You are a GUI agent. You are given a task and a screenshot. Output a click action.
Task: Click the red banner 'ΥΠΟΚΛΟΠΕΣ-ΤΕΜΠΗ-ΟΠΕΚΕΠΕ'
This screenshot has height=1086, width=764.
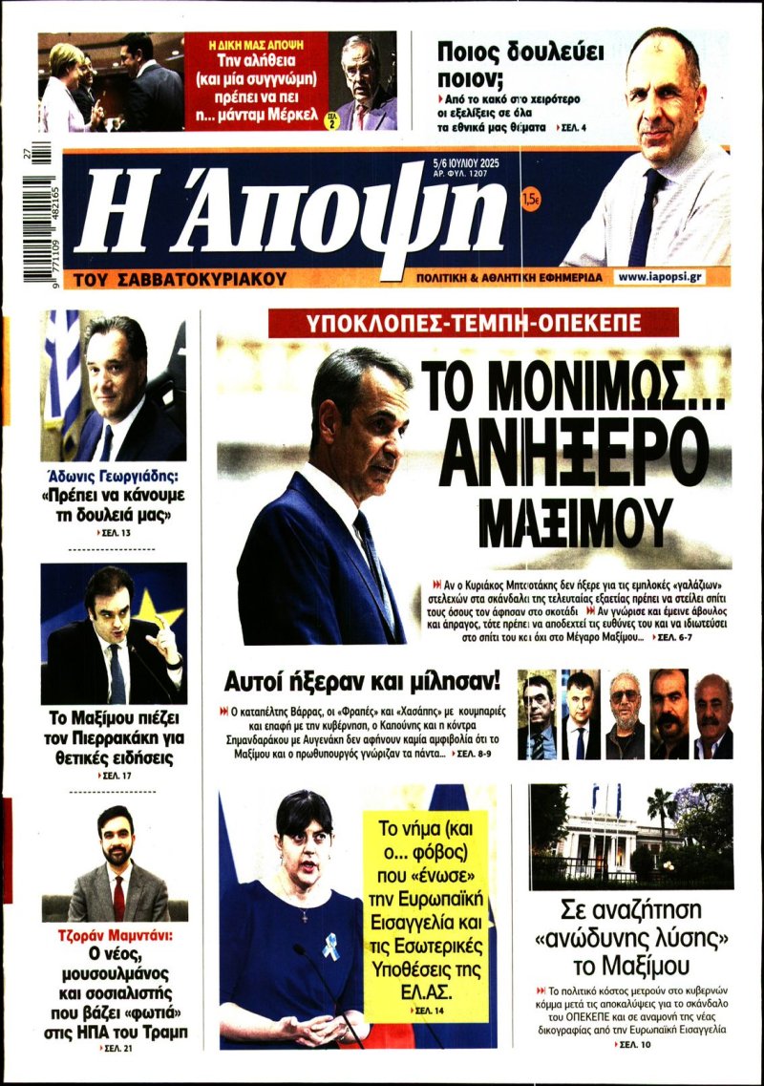click(x=474, y=321)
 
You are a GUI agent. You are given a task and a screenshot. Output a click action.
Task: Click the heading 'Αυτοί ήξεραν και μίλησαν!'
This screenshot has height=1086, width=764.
click(x=362, y=681)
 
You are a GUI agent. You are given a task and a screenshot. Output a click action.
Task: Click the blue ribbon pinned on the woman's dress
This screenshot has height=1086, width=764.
click(x=329, y=946)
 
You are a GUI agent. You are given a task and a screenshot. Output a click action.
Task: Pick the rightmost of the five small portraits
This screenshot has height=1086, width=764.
click(x=712, y=715)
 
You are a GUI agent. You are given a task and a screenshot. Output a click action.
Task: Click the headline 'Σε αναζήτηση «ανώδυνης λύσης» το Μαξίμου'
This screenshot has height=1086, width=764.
click(x=631, y=936)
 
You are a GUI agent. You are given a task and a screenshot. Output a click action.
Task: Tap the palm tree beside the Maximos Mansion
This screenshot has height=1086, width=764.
click(x=661, y=812)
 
